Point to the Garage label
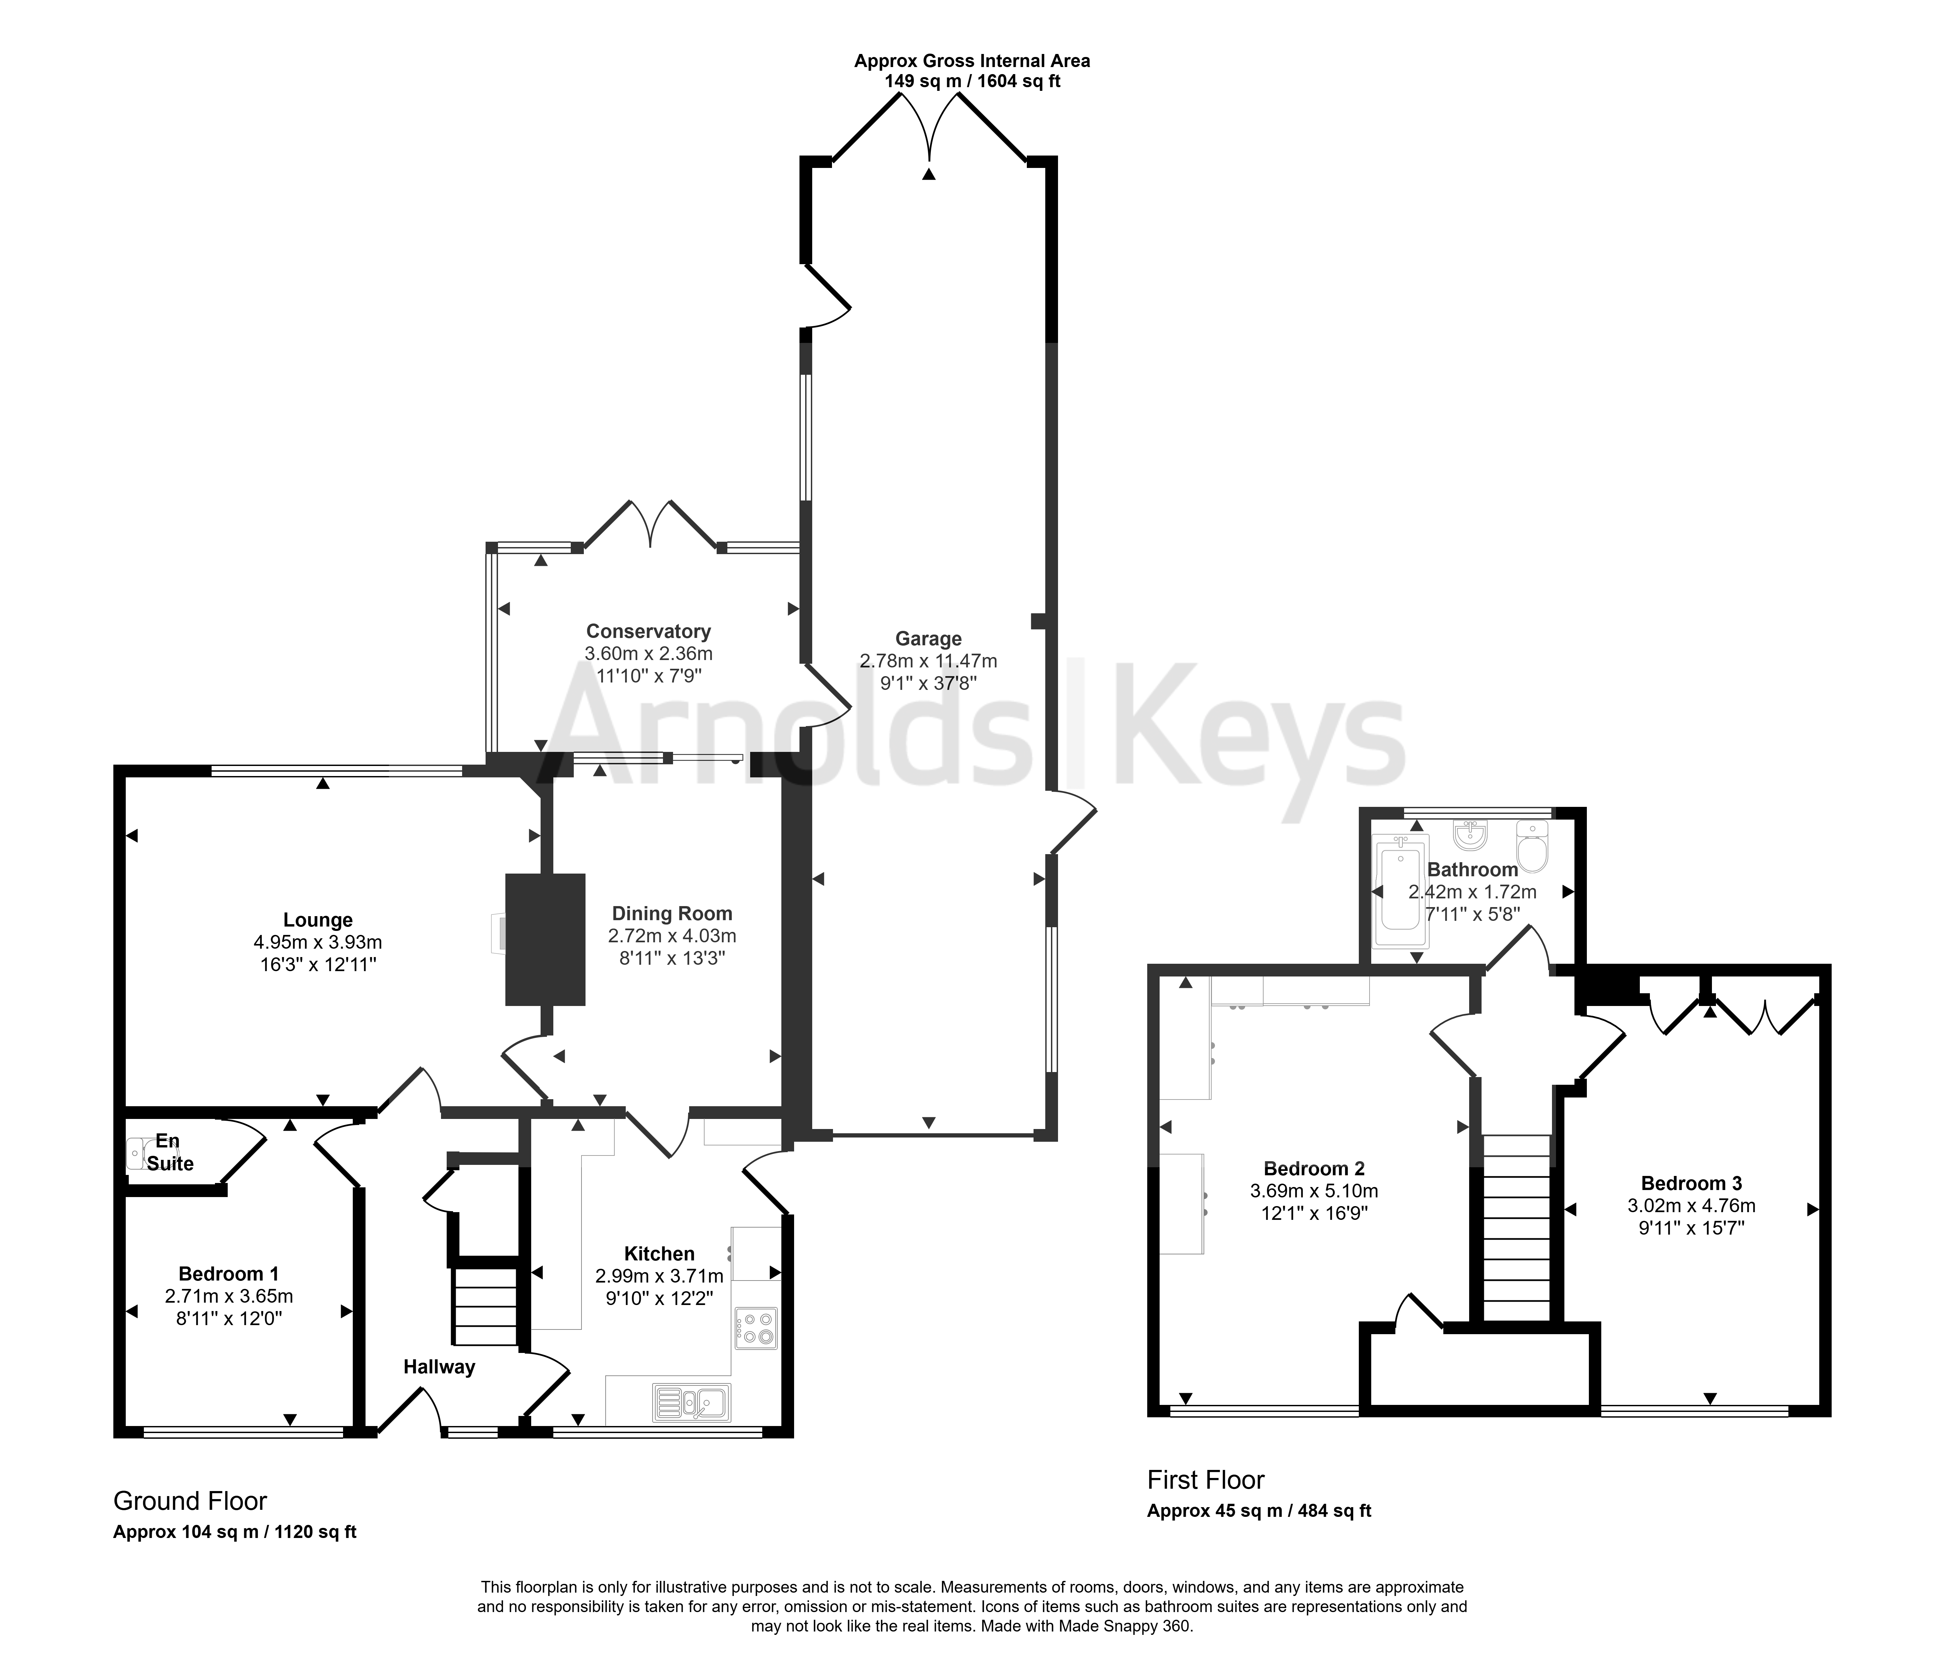(928, 639)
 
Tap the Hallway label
(439, 1367)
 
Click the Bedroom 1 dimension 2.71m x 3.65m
(229, 1296)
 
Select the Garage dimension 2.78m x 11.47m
(928, 661)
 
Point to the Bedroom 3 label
(1691, 1183)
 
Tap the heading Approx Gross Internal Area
(971, 61)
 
